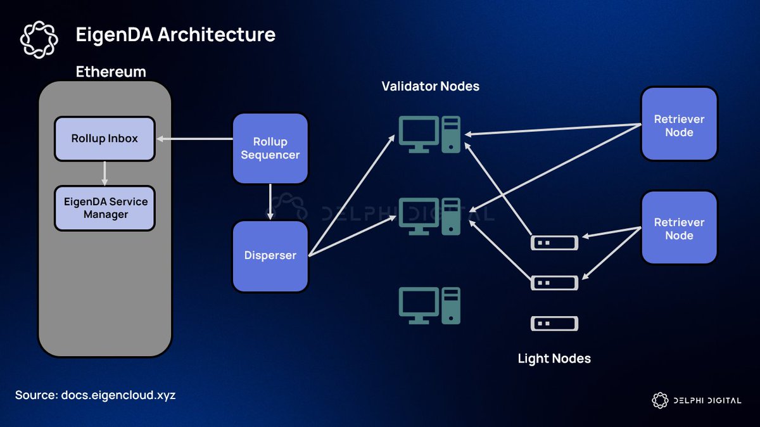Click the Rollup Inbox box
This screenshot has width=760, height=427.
104,138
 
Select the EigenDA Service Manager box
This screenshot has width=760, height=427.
104,208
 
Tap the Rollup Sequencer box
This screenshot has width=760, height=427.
270,148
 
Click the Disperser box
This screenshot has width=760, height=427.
270,256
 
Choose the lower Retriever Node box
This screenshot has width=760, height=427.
679,228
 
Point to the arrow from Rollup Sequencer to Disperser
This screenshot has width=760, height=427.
270,201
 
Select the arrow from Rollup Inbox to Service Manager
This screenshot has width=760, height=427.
104,172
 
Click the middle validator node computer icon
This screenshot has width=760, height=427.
430,216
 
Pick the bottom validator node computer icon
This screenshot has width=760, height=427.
430,305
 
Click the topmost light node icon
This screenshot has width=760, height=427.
554,242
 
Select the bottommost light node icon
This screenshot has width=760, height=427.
554,324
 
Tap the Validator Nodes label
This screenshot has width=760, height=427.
430,86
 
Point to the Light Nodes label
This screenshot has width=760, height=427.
554,359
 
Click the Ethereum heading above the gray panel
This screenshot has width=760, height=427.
111,72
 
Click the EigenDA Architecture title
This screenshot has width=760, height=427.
175,34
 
